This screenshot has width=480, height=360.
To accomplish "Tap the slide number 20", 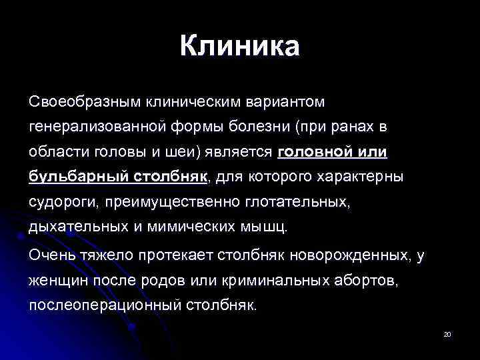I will (447, 334).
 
